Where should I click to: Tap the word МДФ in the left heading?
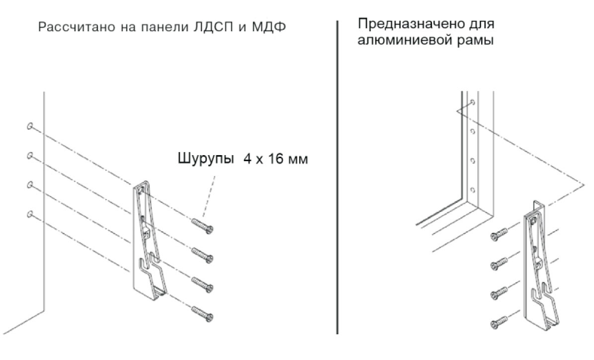269,28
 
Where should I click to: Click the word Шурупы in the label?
206,159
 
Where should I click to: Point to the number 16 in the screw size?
276,159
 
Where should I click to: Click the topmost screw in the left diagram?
203,225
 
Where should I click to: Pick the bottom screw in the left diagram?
203,314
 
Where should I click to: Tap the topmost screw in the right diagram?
499,234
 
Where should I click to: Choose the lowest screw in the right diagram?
499,322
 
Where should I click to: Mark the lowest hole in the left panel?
29,214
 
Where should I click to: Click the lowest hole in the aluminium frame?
473,189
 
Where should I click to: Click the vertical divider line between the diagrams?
337,178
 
